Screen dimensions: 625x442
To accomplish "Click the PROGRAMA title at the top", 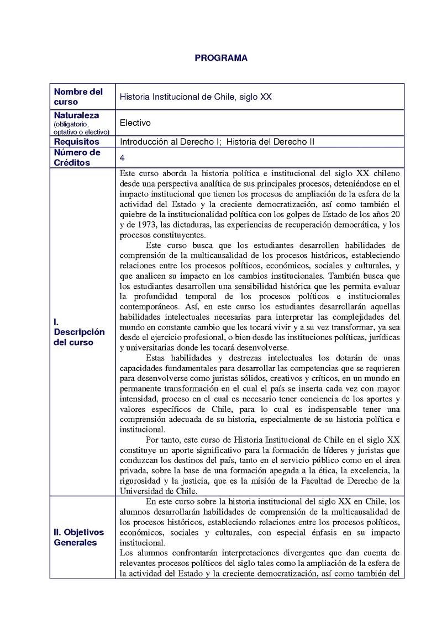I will click(221, 58).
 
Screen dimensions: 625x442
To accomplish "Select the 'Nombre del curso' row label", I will click(78, 97).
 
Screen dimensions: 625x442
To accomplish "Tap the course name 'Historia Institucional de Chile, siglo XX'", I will click(188, 97).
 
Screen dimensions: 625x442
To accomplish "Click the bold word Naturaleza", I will click(76, 115).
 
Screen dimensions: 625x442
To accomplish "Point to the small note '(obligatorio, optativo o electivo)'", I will click(81, 128).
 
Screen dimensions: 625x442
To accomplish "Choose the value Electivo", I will click(135, 123).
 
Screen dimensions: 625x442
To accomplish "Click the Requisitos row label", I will click(76, 141).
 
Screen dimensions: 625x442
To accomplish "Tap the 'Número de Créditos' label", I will click(77, 157).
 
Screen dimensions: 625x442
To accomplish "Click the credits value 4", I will click(122, 157).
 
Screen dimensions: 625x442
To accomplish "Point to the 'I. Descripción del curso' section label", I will click(79, 332).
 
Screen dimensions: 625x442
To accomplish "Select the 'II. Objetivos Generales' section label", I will click(78, 537).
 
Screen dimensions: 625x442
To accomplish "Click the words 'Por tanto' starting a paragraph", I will click(162, 439).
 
